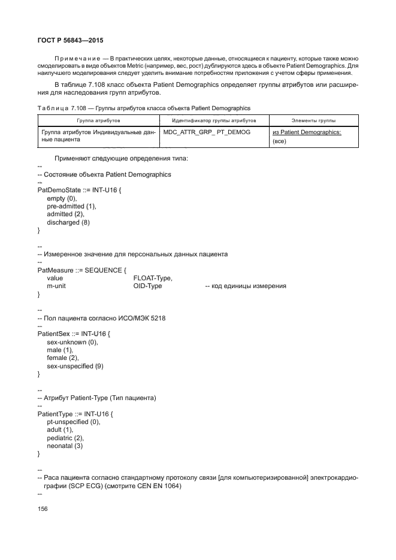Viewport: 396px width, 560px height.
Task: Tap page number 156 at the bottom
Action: click(x=43, y=508)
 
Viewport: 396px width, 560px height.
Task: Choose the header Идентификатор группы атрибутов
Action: click(x=214, y=120)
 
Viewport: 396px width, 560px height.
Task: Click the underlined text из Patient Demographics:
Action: click(x=306, y=132)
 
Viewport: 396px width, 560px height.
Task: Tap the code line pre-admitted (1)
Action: click(x=71, y=206)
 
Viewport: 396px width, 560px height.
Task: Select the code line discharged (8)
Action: click(x=68, y=222)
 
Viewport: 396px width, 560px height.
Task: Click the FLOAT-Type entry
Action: click(x=153, y=278)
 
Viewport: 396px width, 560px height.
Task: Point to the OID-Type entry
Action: click(x=147, y=286)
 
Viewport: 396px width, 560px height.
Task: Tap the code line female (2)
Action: click(x=62, y=358)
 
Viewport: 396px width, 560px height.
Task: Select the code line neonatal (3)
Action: click(x=65, y=446)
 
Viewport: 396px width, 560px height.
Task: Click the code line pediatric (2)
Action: click(x=65, y=438)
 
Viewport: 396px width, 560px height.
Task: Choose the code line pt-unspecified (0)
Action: click(x=73, y=422)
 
